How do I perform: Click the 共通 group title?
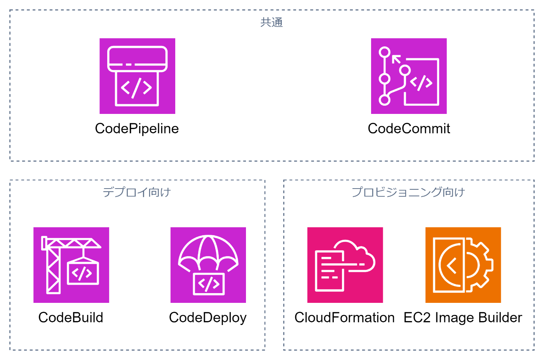click(272, 23)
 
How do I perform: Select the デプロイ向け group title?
click(137, 192)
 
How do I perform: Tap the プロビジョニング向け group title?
click(408, 192)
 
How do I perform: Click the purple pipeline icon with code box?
click(137, 76)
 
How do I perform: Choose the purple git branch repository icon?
click(409, 76)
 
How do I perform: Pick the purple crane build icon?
click(71, 265)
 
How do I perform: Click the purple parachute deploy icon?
click(208, 265)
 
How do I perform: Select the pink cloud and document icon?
click(345, 265)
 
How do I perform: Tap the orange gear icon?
click(463, 265)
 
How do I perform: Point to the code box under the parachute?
click(209, 284)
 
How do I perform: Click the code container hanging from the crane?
click(83, 273)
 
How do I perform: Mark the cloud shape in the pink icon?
click(356, 255)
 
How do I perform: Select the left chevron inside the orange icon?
click(451, 266)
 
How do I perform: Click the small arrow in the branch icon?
click(396, 59)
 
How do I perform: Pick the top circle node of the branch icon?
click(384, 52)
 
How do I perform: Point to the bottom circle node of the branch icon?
click(384, 100)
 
